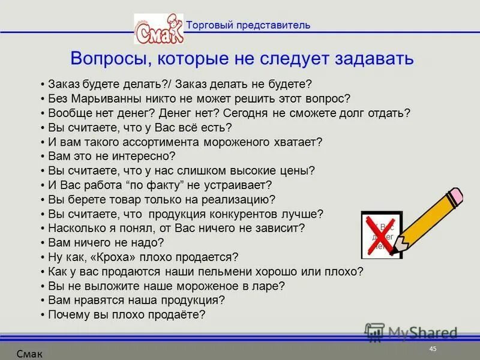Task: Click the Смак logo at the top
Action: pyautogui.click(x=158, y=29)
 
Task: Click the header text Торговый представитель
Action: pyautogui.click(x=248, y=25)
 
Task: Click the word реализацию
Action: pyautogui.click(x=241, y=199)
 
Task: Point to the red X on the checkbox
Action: pyautogui.click(x=380, y=234)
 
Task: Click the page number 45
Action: pyautogui.click(x=433, y=349)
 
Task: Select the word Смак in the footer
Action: pyautogui.click(x=29, y=354)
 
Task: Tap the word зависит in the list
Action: pyautogui.click(x=280, y=228)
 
